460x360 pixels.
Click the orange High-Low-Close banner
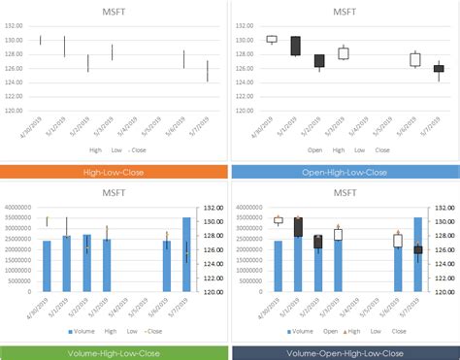(115, 172)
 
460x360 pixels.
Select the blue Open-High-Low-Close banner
(345, 172)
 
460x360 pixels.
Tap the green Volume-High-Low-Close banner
(115, 352)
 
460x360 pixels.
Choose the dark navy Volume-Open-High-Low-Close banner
(345, 352)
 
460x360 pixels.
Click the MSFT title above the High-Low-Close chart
(115, 11)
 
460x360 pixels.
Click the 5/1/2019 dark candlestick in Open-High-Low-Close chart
(295, 46)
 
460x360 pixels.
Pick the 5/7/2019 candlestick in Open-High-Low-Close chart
(439, 68)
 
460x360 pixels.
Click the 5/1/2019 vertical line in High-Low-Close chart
(64, 47)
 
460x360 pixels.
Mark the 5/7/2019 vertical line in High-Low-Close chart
(207, 71)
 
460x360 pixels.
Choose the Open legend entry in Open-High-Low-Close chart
(314, 150)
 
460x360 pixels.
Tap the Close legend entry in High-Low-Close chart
(139, 150)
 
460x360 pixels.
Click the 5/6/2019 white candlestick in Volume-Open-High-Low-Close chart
(397, 241)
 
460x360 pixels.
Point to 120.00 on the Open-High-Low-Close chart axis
(247, 110)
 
